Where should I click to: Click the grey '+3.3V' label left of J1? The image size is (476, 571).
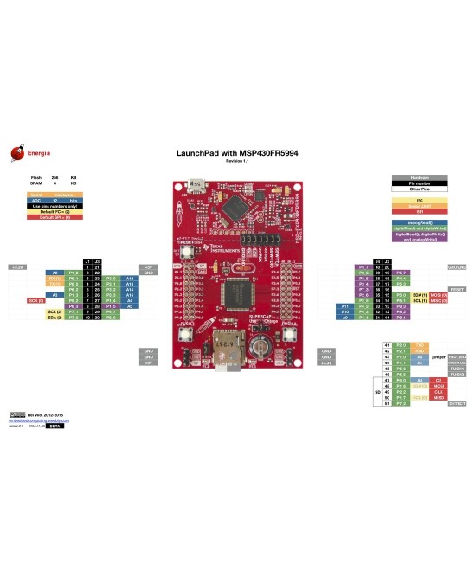pyautogui.click(x=16, y=266)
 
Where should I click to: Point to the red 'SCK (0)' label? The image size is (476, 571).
pyautogui.click(x=35, y=300)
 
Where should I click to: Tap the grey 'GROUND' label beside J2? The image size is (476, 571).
pyautogui.click(x=457, y=266)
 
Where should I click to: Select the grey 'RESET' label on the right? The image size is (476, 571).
pyautogui.click(x=457, y=289)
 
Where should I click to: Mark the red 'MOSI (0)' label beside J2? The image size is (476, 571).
pyautogui.click(x=438, y=295)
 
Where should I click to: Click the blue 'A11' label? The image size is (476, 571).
pyautogui.click(x=344, y=306)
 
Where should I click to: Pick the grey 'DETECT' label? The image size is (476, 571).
pyautogui.click(x=457, y=403)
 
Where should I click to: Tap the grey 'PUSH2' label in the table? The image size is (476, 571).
pyautogui.click(x=457, y=374)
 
